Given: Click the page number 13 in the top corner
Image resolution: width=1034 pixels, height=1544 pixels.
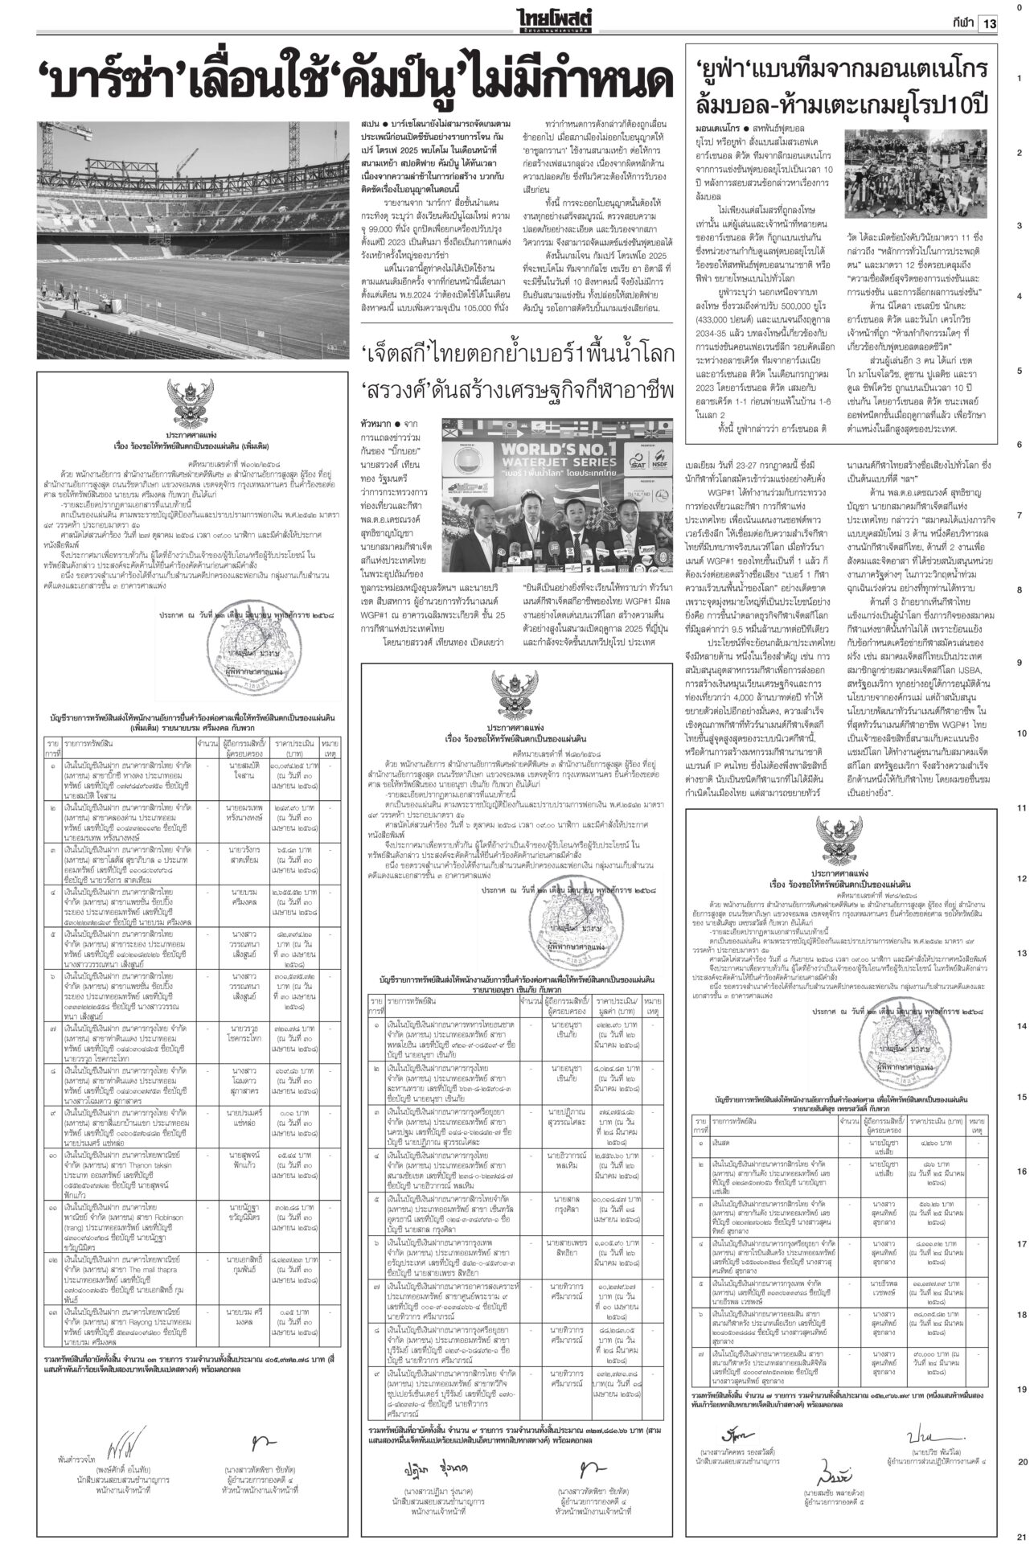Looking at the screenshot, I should [988, 24].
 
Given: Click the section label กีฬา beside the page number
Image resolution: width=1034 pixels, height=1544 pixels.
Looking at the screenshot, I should [958, 24].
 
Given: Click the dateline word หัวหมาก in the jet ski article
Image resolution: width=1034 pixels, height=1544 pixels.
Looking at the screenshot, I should [378, 422].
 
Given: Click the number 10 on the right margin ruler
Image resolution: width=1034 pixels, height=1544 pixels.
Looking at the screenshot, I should [1020, 733].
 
